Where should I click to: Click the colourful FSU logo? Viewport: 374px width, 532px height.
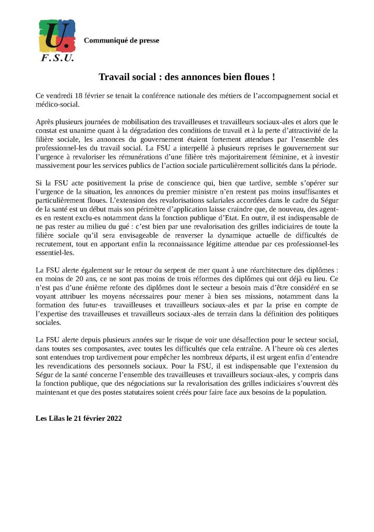tap(57, 35)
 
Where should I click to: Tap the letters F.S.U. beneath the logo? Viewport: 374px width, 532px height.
tap(57, 58)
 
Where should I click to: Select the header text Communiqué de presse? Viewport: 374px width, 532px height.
tap(121, 41)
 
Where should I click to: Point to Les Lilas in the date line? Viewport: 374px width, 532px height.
tap(50, 418)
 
